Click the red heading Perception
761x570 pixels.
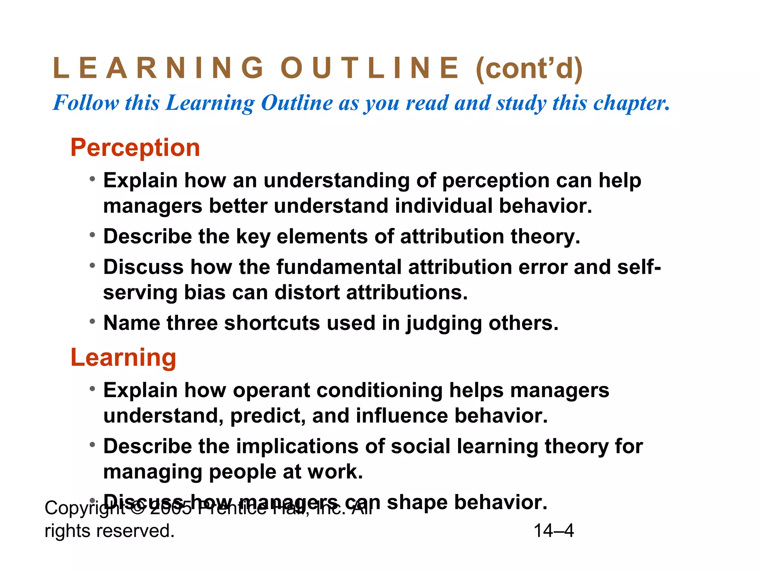click(x=135, y=148)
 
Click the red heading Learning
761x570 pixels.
click(x=123, y=357)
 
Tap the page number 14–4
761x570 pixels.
click(x=554, y=531)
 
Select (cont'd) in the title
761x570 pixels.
click(x=529, y=69)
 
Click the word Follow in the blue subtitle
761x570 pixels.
click(x=86, y=103)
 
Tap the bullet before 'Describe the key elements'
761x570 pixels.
click(x=92, y=235)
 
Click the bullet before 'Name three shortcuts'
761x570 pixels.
click(x=92, y=322)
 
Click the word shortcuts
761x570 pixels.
click(x=272, y=323)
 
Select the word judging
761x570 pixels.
click(x=444, y=323)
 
